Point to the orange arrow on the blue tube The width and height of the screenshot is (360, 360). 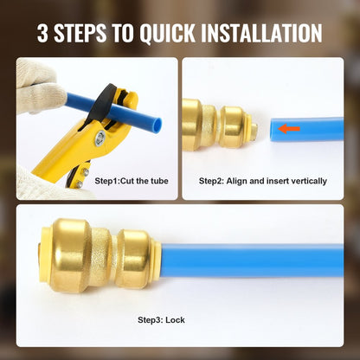[289, 129]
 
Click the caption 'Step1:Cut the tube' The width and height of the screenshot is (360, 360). [131, 181]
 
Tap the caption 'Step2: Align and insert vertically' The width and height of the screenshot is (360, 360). [263, 181]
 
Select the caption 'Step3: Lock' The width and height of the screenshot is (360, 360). [161, 319]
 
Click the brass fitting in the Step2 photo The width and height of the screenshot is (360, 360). [215, 125]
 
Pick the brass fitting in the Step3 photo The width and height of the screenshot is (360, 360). [102, 255]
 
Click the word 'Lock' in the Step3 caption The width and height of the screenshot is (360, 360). [176, 319]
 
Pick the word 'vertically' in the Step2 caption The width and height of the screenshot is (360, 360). [309, 181]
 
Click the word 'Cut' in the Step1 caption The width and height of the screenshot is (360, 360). [129, 181]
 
